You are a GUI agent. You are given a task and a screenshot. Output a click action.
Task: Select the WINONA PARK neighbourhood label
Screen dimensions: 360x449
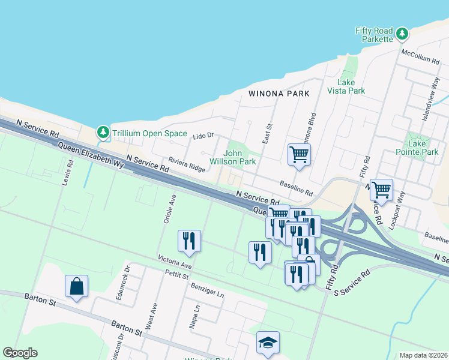pyautogui.click(x=279, y=94)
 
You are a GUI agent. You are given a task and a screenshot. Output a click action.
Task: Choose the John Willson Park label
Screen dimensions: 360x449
pyautogui.click(x=234, y=157)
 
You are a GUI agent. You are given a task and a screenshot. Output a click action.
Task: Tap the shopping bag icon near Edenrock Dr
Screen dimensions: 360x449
pyautogui.click(x=76, y=286)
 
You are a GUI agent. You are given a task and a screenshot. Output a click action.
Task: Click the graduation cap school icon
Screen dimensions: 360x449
pyautogui.click(x=268, y=343)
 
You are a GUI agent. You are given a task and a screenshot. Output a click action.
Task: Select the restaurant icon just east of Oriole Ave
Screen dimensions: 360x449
pyautogui.click(x=189, y=241)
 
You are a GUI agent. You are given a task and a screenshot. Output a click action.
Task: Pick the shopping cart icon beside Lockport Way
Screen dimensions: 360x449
pyautogui.click(x=381, y=190)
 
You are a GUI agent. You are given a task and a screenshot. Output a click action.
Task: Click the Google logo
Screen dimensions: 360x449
pyautogui.click(x=20, y=353)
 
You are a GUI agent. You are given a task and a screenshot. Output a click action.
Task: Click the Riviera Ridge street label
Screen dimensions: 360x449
pyautogui.click(x=186, y=164)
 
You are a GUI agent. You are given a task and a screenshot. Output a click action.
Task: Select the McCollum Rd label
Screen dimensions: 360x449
pyautogui.click(x=421, y=56)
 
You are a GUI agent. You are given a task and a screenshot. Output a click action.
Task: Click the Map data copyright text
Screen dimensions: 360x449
pyautogui.click(x=423, y=355)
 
